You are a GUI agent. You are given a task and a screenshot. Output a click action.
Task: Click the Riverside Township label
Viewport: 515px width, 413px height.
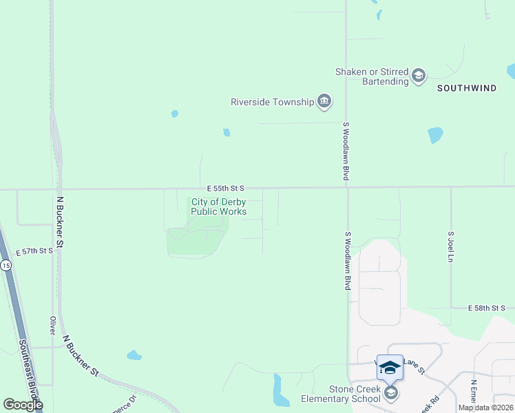[271, 103]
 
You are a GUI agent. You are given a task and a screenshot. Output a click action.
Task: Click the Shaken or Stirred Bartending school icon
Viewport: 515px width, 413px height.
[419, 76]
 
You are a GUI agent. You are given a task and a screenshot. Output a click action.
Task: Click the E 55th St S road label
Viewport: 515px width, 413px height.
[225, 188]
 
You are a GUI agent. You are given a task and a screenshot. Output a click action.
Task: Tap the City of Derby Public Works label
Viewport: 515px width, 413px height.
[218, 206]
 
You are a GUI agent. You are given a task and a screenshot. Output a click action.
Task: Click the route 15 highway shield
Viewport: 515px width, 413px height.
[6, 266]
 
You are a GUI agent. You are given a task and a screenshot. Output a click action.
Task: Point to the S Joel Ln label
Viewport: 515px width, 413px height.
[451, 246]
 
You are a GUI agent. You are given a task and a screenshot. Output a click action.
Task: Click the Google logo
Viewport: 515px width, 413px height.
[23, 405]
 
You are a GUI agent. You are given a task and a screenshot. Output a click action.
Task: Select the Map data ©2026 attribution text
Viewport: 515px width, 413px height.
[485, 407]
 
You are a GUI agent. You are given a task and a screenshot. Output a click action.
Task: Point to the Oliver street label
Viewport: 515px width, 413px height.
[52, 326]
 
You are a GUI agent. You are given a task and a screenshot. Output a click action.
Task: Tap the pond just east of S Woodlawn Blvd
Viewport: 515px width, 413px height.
[434, 135]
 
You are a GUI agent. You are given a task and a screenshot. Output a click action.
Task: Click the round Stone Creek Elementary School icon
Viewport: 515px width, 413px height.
[391, 393]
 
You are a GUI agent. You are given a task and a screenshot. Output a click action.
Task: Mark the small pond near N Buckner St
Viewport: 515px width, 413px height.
[134, 355]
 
